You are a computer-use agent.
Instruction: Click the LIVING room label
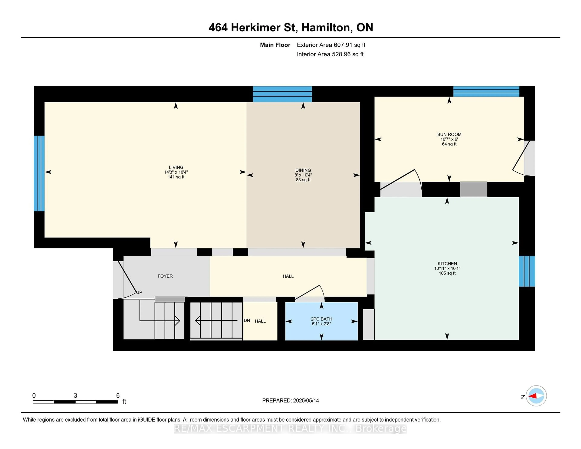176,167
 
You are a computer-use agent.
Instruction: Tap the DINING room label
303,170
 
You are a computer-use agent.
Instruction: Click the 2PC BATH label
321,319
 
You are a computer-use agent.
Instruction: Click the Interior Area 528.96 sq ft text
330,54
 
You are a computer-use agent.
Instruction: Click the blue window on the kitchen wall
527,271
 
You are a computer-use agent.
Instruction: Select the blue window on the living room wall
39,173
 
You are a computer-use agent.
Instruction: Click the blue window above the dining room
282,94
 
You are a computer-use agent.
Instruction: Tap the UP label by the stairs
139,292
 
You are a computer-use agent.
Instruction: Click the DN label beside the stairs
247,321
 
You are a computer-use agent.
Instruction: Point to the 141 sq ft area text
176,177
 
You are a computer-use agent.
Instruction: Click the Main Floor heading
275,45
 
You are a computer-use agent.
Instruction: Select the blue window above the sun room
486,92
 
